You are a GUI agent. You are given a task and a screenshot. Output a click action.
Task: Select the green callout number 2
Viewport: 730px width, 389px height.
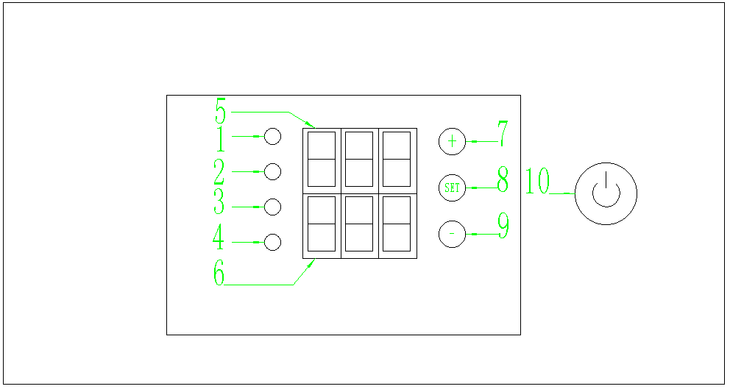[x=219, y=173]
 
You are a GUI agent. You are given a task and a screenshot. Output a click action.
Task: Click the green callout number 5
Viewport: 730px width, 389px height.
[x=220, y=113]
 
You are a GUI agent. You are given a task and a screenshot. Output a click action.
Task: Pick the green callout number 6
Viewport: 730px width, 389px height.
[x=219, y=274]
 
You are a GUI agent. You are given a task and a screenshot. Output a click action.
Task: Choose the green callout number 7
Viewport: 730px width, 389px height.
[x=503, y=135]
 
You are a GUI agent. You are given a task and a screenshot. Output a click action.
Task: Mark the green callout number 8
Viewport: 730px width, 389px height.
[x=503, y=180]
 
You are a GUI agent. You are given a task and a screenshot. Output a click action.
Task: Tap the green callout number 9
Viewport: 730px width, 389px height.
[x=503, y=226]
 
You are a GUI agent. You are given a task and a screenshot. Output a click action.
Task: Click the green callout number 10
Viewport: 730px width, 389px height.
[x=538, y=182]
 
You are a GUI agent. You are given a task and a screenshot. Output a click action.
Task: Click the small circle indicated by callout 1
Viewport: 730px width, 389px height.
[x=273, y=136]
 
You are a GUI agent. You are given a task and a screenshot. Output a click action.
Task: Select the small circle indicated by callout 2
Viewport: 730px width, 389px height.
[x=273, y=171]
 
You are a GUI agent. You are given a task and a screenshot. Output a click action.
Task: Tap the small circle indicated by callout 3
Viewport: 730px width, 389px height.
[x=273, y=207]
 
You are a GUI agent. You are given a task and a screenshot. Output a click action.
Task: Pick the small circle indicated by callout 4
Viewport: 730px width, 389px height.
[x=273, y=242]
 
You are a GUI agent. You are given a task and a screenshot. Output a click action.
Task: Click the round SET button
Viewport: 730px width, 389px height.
[x=452, y=188]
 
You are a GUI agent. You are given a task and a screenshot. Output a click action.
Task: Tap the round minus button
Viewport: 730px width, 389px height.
[x=452, y=234]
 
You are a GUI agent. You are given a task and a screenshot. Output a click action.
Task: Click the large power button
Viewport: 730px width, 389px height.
[x=606, y=193]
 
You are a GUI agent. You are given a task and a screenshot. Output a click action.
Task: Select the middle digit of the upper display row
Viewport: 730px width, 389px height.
[x=360, y=159]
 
